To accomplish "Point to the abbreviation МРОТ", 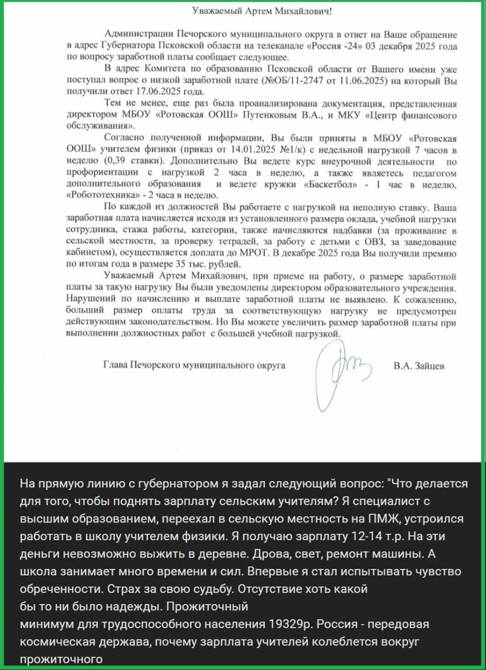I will [x=259, y=253].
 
